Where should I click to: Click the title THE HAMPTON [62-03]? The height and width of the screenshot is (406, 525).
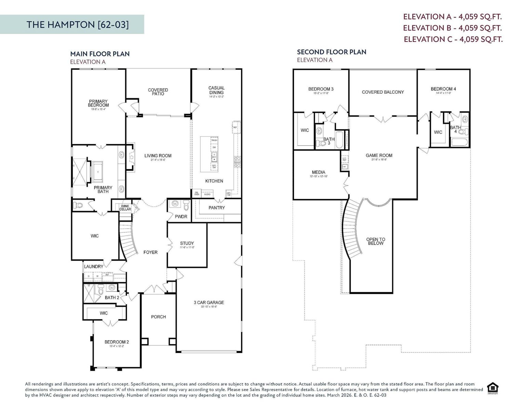pos(78,25)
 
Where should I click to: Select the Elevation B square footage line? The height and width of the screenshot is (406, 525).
pos(452,28)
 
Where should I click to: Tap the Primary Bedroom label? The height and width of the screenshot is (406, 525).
pos(98,104)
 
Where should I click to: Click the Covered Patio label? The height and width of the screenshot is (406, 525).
pos(158,92)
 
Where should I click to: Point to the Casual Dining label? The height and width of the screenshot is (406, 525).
pos(216,90)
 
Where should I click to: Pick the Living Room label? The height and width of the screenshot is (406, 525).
pos(158,156)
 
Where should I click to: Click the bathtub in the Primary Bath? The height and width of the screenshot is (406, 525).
pos(98,172)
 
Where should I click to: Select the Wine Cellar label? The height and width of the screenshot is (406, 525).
pos(125,208)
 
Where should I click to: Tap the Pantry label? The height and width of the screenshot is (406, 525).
pos(217,208)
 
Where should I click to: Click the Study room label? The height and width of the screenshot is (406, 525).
pos(187,244)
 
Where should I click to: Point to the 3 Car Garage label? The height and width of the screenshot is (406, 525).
pos(209,303)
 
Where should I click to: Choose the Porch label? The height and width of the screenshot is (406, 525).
pos(159,317)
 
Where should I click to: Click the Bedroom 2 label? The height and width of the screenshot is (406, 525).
pos(117,342)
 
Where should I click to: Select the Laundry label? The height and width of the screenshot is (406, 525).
pos(94,266)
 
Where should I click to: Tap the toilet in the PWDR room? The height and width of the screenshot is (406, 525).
pos(186,206)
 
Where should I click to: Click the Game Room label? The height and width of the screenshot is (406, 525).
pos(379,156)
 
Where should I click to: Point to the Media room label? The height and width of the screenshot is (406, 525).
pos(319,172)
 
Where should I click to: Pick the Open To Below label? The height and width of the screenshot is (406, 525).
pos(376,241)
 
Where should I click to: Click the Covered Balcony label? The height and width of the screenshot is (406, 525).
pos(383,92)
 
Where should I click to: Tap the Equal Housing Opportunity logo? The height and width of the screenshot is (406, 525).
pos(493,388)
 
